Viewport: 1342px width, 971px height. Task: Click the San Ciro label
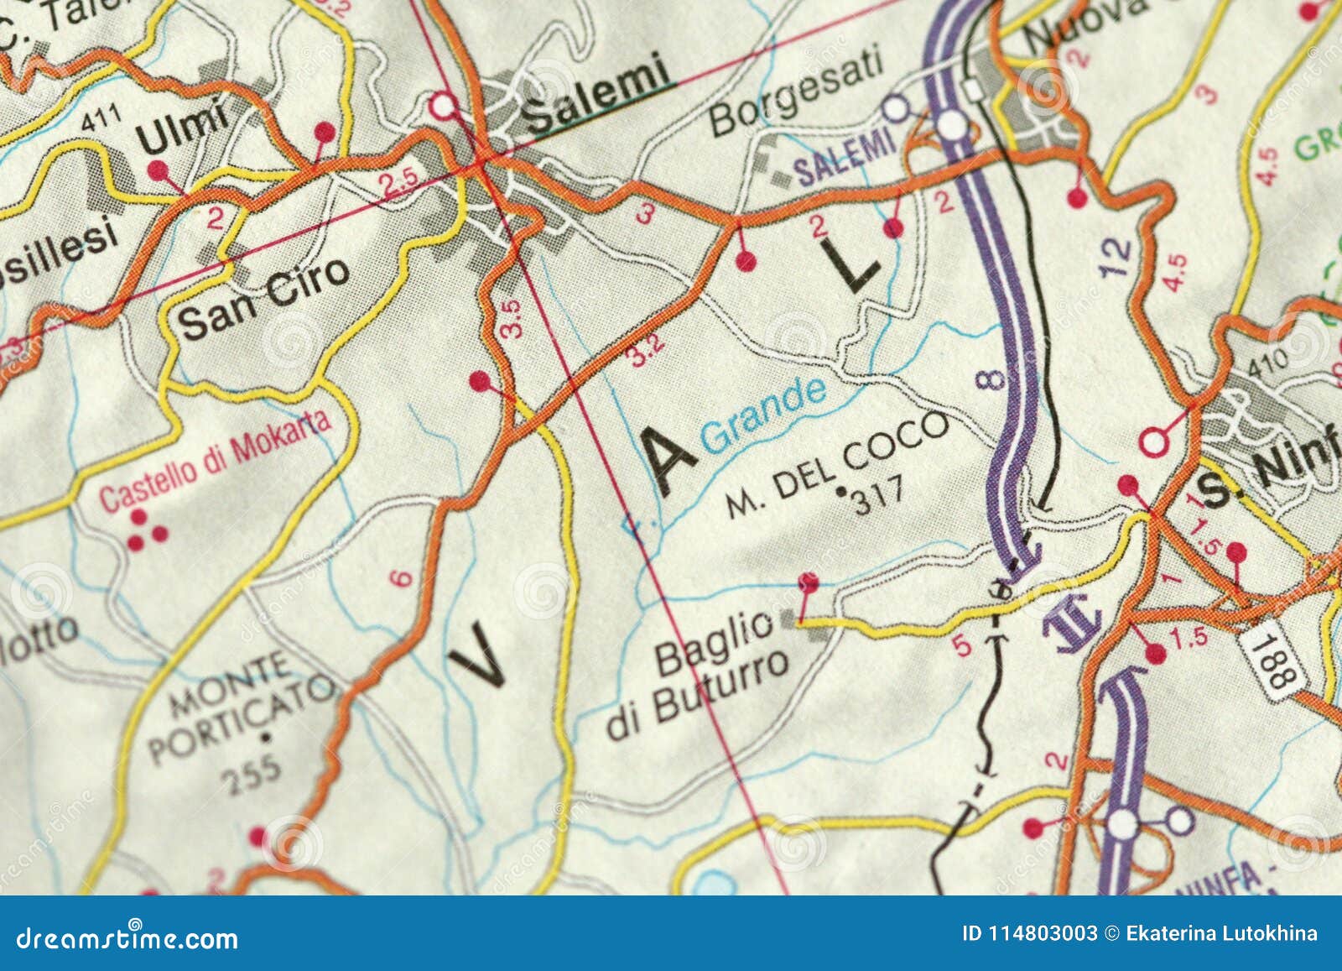pos(264,297)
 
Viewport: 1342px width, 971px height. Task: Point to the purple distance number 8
pos(991,379)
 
